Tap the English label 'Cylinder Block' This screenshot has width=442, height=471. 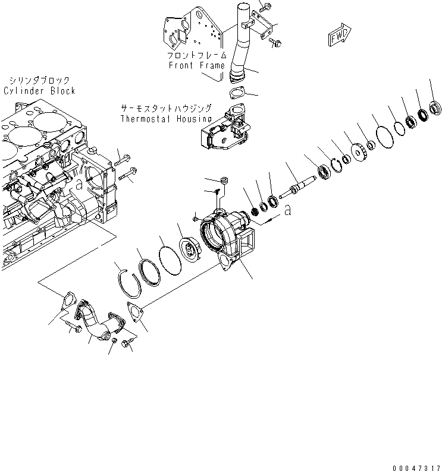tap(39, 91)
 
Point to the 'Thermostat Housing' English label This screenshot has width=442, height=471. tap(166, 118)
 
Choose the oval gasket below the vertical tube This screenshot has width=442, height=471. tap(237, 93)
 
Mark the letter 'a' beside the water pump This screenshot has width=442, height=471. tap(287, 210)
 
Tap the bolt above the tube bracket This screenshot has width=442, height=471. tap(266, 7)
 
